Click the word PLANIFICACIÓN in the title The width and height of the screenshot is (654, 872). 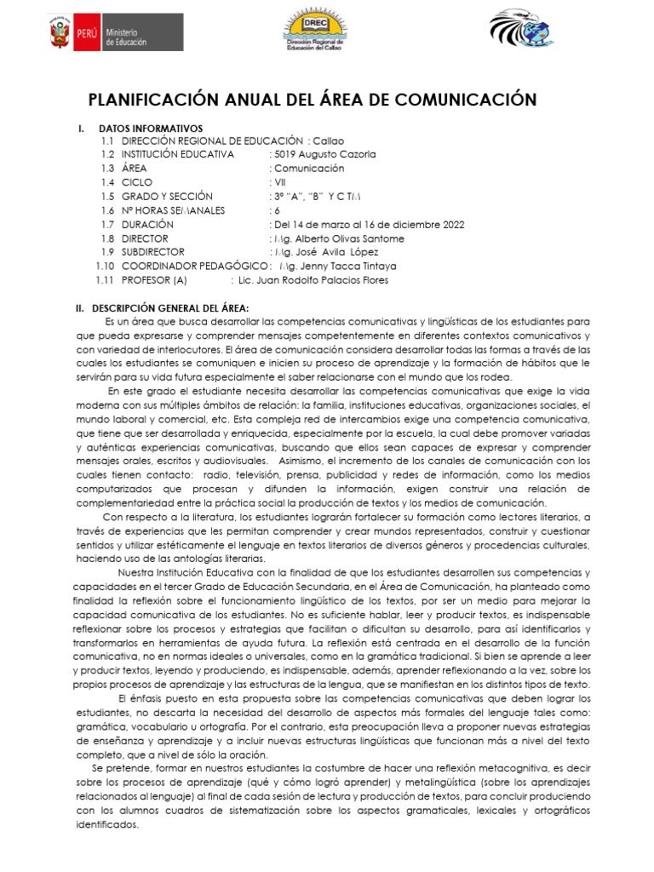point(161,100)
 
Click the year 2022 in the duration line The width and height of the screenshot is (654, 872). point(451,225)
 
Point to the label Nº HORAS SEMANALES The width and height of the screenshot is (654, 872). point(174,210)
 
